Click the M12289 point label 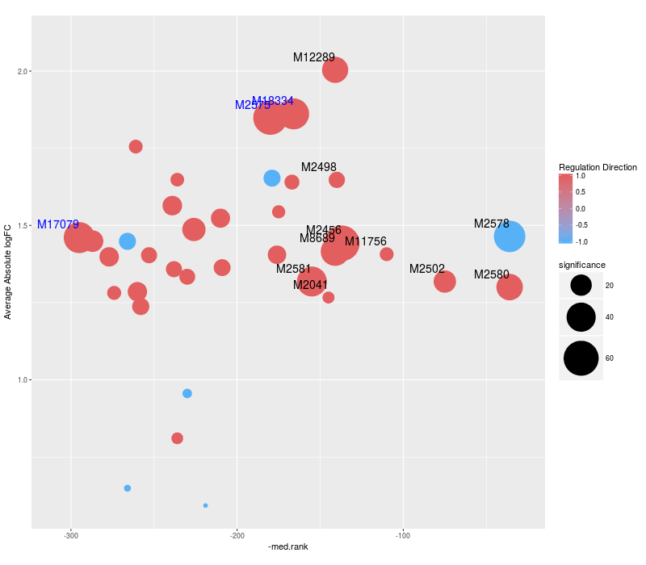click(x=313, y=57)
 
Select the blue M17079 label click(x=58, y=224)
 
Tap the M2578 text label click(x=492, y=224)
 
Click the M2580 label click(x=492, y=274)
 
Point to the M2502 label click(x=427, y=269)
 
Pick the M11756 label click(x=366, y=241)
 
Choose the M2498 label click(x=319, y=167)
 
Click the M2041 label click(x=311, y=285)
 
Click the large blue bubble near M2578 click(x=510, y=236)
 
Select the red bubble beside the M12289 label click(x=335, y=70)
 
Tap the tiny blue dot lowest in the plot click(x=205, y=505)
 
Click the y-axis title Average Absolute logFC click(x=9, y=273)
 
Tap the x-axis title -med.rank click(x=288, y=546)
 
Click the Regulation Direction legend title click(x=598, y=167)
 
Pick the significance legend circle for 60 click(x=581, y=358)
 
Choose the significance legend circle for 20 click(x=581, y=285)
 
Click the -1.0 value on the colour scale click(x=602, y=241)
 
